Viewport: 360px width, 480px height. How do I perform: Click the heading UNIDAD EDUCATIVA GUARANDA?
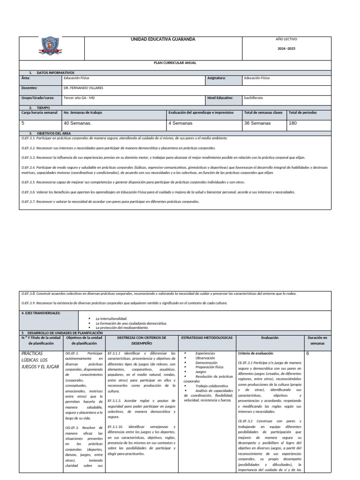pos(163,39)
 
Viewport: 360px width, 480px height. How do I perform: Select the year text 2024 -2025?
pos(286,49)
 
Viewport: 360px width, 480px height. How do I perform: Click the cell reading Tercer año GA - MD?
pos(79,98)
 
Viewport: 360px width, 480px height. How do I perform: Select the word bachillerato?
pos(254,98)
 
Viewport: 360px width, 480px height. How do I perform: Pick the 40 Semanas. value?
pos(77,123)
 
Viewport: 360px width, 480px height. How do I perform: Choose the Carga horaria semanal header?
pos(40,112)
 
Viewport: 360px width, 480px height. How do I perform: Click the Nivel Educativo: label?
pos(220,98)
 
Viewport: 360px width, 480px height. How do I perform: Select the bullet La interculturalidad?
pos(112,319)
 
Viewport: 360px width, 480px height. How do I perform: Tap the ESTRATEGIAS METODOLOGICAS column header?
pos(207,337)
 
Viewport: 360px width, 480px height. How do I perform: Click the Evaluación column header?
pos(270,337)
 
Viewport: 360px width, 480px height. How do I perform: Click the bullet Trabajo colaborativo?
pos(212,386)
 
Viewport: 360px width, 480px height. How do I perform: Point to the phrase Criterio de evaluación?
pos(256,353)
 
